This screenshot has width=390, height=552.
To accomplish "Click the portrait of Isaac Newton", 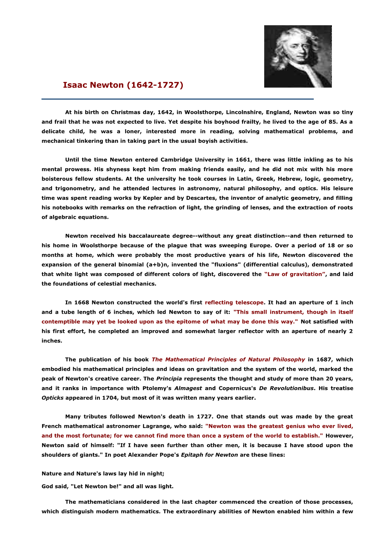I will click(298, 56).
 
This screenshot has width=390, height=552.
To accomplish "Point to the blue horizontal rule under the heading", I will click(177, 99).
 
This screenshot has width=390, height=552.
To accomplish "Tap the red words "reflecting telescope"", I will click(234, 303).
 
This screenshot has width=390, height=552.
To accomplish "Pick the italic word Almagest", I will click(188, 388).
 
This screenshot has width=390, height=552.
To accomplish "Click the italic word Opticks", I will click(52, 398).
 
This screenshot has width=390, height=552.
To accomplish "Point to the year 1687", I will click(324, 360).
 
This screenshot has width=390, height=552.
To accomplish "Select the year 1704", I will click(109, 398).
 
